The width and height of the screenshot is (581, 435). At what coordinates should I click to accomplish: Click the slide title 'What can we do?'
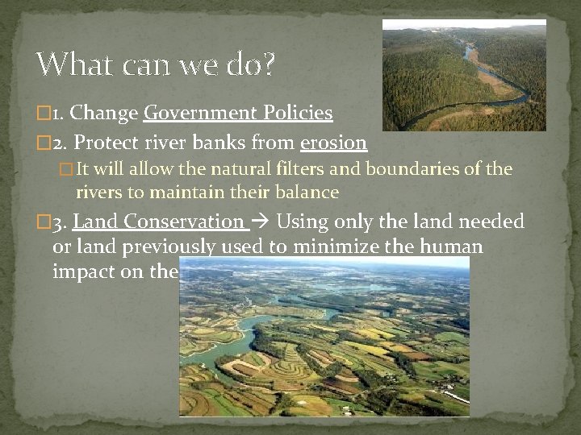155,64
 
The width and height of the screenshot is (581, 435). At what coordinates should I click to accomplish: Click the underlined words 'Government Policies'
238,113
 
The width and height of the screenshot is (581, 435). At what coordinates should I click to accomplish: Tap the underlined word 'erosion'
333,143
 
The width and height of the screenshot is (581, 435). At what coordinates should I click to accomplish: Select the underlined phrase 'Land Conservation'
158,222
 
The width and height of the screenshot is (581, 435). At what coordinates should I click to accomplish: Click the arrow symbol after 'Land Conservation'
262,222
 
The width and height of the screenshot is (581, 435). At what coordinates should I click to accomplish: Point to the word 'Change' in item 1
106,113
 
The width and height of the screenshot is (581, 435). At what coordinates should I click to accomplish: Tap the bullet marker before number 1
44,114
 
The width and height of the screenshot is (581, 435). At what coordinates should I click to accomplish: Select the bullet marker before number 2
44,144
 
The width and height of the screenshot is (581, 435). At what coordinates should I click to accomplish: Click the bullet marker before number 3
44,222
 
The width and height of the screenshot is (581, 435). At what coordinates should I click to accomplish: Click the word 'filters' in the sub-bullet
332,170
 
